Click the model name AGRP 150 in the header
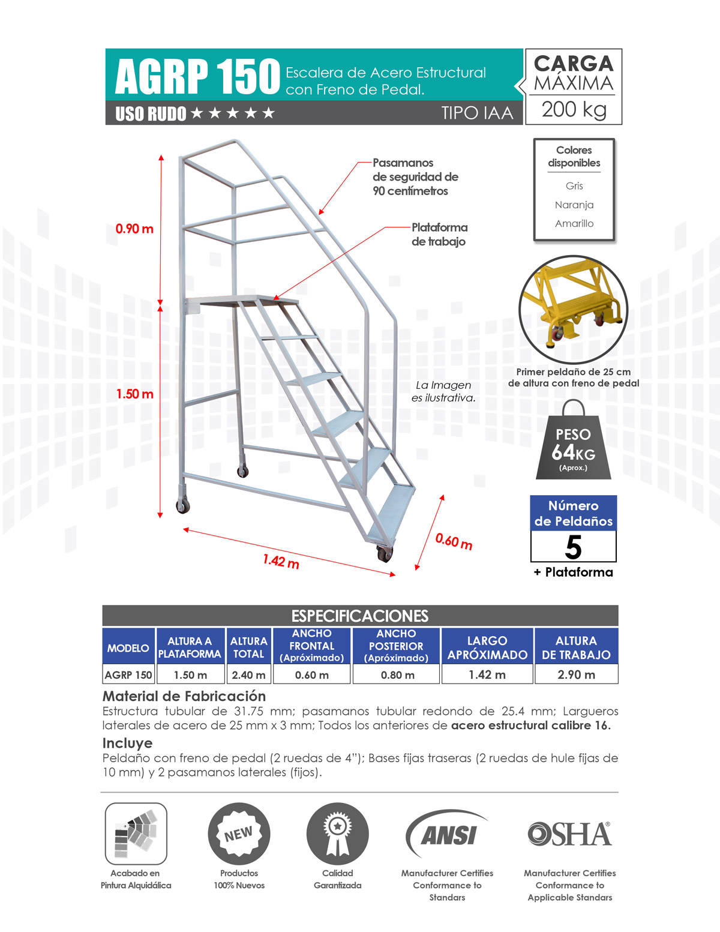(197, 77)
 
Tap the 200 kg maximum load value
(574, 109)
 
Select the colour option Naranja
(574, 205)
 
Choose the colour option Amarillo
(574, 223)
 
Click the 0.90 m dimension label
(134, 229)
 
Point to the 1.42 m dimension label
(280, 561)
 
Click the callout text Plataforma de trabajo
(439, 235)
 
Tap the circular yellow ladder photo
(573, 309)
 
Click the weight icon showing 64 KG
(573, 444)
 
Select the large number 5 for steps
(574, 547)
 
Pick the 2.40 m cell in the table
(248, 675)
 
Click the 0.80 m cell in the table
(396, 675)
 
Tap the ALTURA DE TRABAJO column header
(576, 648)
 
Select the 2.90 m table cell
(576, 675)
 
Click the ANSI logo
(447, 835)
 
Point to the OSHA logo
(569, 834)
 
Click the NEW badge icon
(239, 834)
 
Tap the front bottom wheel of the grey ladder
(384, 554)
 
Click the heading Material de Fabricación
(184, 696)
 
